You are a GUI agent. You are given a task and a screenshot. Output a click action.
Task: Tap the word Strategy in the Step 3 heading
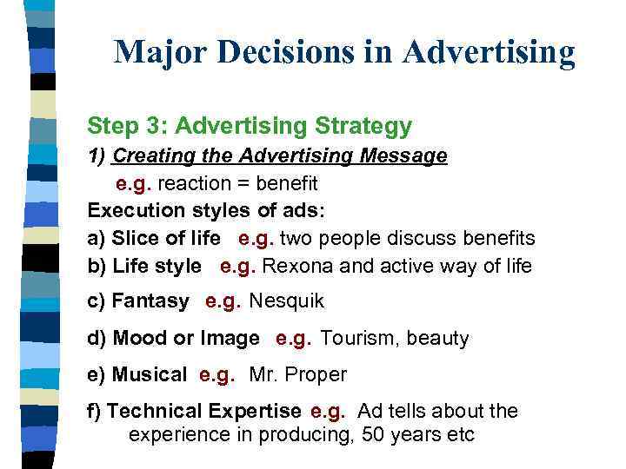[365, 127]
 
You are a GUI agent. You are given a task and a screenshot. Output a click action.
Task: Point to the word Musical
[147, 375]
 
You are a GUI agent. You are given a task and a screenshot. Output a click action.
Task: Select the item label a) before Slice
[97, 239]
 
